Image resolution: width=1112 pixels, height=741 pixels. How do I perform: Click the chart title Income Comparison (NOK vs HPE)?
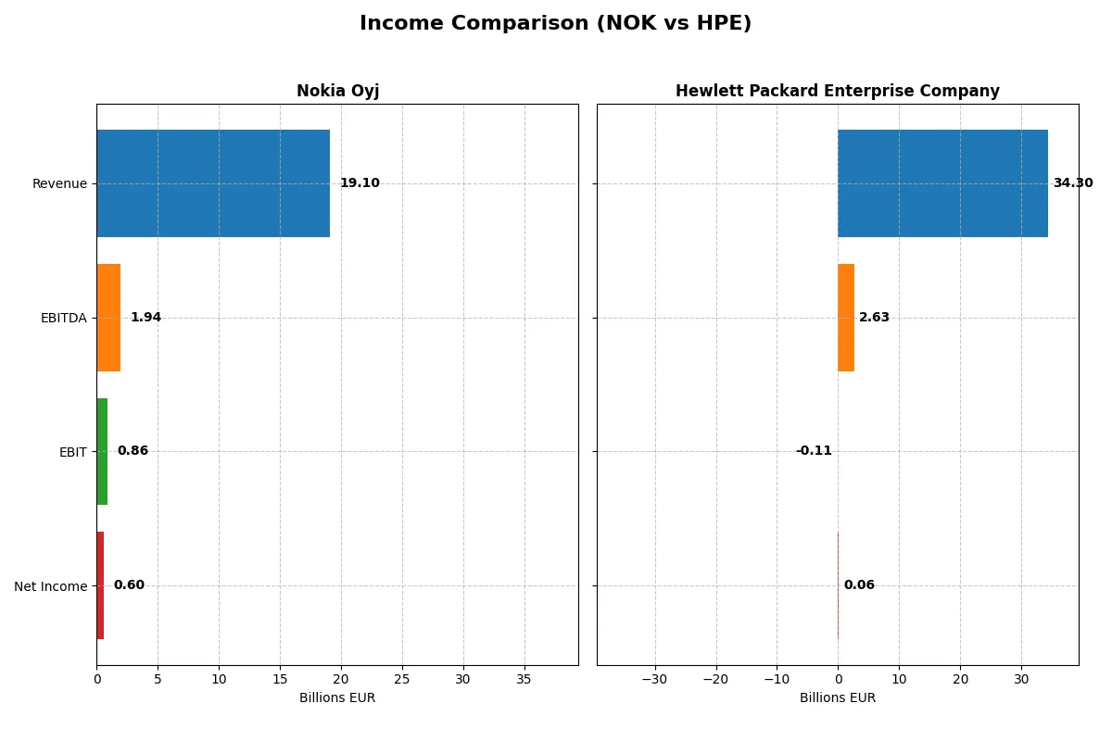click(555, 24)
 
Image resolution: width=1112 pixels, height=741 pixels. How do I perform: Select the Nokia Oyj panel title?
click(337, 91)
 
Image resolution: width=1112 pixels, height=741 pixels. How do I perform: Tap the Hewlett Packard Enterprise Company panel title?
click(837, 91)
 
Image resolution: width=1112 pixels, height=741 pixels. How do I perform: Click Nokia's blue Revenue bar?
click(213, 183)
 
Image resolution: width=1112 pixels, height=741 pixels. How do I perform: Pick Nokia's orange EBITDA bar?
click(108, 318)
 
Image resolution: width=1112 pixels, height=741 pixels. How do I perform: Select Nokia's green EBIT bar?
click(102, 451)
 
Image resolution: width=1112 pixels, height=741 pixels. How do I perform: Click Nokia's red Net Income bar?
click(100, 585)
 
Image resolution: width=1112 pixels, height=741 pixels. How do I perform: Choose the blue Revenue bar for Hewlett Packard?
click(942, 183)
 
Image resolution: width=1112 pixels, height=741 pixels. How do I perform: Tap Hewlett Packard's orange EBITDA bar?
click(846, 318)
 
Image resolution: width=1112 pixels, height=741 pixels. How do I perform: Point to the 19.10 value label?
click(360, 183)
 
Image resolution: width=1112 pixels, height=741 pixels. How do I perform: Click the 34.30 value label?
click(1072, 183)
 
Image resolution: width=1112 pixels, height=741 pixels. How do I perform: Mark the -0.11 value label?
click(814, 451)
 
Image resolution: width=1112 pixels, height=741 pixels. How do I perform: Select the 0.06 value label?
click(859, 585)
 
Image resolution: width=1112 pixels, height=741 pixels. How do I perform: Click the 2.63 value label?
click(874, 318)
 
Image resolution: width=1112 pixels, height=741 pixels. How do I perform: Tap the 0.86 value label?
click(133, 451)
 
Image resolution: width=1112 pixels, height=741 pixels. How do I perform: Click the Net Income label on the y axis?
click(51, 586)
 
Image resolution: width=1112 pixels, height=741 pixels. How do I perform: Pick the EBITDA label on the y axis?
click(64, 319)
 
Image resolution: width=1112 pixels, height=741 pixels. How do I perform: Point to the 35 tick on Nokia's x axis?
click(524, 679)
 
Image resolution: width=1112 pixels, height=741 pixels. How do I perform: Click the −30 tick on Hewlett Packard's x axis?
click(654, 679)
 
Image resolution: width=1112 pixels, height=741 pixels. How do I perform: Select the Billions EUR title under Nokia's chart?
click(337, 697)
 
